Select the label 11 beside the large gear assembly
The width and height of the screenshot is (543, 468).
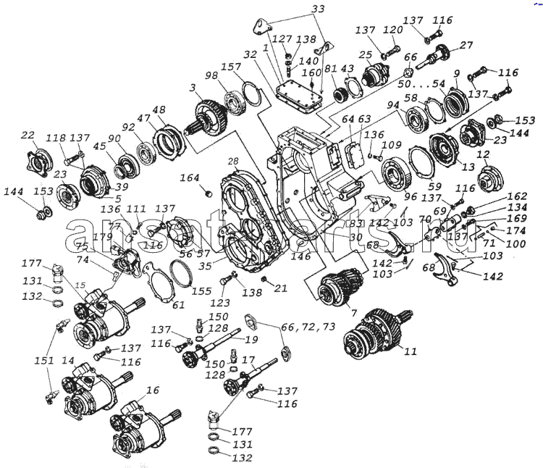coord(411,353)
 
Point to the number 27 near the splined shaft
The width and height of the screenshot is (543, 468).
coord(466,44)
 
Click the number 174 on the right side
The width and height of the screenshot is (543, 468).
coord(516,231)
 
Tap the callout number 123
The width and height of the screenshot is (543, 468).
coord(220,303)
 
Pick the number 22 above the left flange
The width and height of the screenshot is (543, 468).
coord(28,135)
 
